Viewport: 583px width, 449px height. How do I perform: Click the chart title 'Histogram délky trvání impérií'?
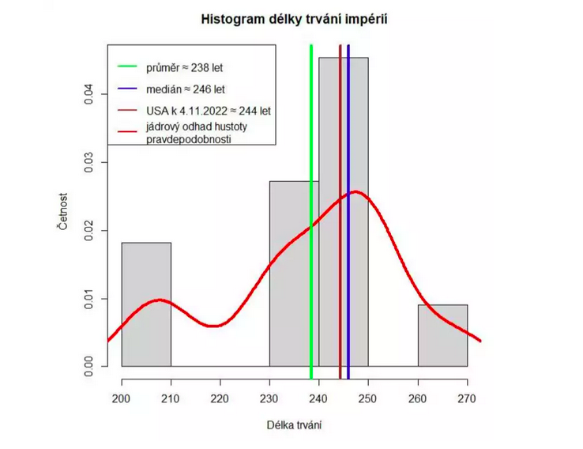pyautogui.click(x=294, y=17)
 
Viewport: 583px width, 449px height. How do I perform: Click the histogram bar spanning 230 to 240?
pyautogui.click(x=289, y=316)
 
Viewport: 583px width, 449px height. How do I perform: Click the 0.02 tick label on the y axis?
pyautogui.click(x=88, y=230)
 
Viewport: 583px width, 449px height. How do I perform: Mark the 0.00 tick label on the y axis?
pyautogui.click(x=88, y=366)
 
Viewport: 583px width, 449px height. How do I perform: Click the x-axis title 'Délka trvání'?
pyautogui.click(x=294, y=425)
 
